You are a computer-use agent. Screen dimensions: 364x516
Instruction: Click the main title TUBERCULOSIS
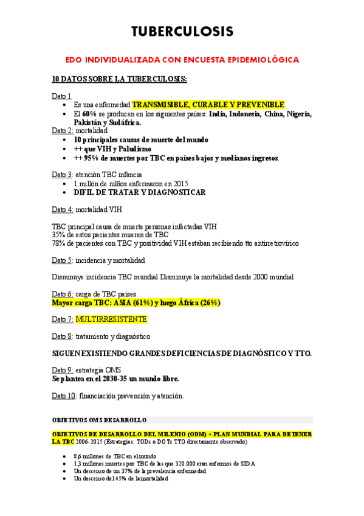coord(182,31)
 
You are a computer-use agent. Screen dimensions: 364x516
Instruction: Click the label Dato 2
coord(63,131)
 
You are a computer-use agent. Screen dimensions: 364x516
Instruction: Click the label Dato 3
coord(63,175)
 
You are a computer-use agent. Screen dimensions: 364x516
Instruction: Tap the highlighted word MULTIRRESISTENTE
coord(111,319)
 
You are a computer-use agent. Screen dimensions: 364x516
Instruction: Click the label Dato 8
coord(63,336)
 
